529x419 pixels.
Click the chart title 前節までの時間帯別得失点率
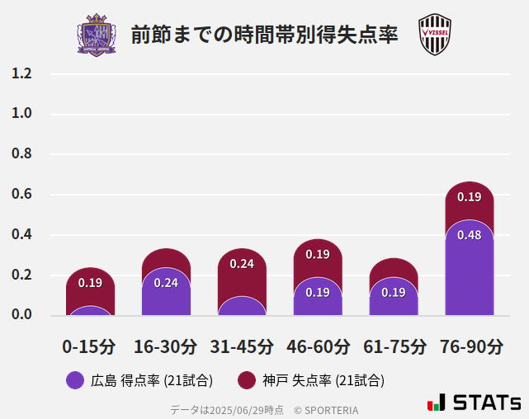[x=264, y=35]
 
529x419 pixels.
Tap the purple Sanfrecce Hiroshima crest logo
[x=97, y=35]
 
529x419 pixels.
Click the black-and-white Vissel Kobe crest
[x=434, y=35]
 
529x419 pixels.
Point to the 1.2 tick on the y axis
[x=21, y=73]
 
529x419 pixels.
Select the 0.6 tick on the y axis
[x=21, y=195]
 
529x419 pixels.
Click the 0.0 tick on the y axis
[x=21, y=314]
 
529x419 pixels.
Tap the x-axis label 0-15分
[x=89, y=346]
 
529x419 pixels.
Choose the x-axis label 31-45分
[x=241, y=346]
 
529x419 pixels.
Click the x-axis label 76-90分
[x=470, y=346]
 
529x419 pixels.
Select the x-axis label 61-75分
[x=394, y=346]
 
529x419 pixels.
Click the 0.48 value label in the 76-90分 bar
[x=470, y=235]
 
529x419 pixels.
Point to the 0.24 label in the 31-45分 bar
[x=242, y=264]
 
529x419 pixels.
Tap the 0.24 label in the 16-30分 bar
[x=166, y=283]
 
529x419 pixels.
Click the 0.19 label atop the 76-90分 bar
[x=470, y=197]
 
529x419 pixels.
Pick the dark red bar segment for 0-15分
[x=90, y=285]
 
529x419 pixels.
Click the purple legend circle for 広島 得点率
[x=75, y=380]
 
